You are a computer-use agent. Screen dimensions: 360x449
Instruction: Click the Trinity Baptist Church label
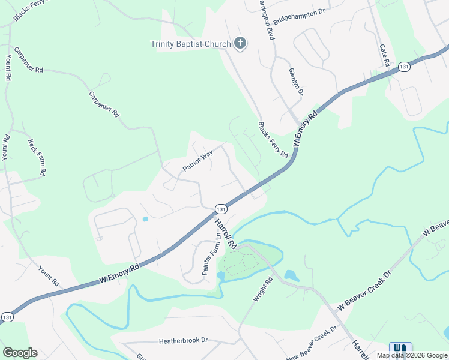pos(190,44)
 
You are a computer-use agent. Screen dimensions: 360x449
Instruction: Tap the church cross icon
pos(240,43)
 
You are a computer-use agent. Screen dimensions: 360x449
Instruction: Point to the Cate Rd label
pos(385,55)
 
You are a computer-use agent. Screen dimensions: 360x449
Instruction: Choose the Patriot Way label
pos(198,161)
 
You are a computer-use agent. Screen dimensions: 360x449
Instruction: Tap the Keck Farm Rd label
pos(37,157)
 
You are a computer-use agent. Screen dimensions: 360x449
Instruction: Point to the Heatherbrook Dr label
pos(183,340)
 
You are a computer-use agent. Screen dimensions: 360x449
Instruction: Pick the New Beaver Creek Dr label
pos(312,344)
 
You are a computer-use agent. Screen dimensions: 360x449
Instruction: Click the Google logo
pos(20,353)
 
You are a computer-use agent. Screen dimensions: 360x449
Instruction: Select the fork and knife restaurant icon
pos(400,348)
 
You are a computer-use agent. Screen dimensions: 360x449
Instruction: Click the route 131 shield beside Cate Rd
pos(405,67)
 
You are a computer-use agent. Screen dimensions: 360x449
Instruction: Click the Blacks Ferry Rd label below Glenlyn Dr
pos(273,140)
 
